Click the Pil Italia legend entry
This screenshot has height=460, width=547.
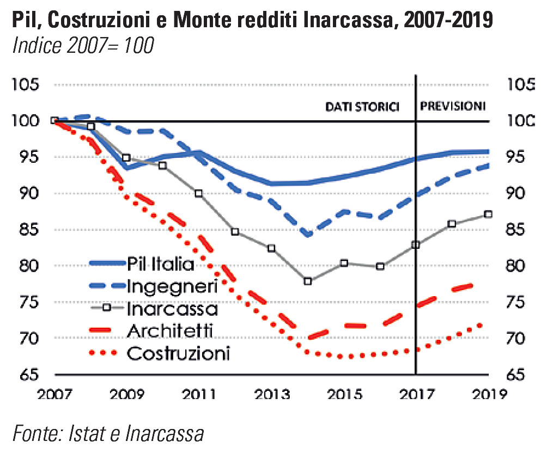160,265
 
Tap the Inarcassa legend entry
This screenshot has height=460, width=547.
172,309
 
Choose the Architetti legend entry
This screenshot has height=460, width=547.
170,331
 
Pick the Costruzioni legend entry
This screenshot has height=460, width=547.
178,353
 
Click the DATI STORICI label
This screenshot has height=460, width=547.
362,106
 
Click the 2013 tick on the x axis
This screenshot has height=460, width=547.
271,393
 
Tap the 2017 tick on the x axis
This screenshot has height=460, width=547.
416,393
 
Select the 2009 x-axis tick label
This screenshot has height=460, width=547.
127,393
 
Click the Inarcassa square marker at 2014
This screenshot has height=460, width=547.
308,281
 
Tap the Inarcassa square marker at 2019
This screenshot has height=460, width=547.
488,214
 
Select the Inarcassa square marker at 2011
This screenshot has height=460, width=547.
199,193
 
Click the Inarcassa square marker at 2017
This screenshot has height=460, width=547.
416,245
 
